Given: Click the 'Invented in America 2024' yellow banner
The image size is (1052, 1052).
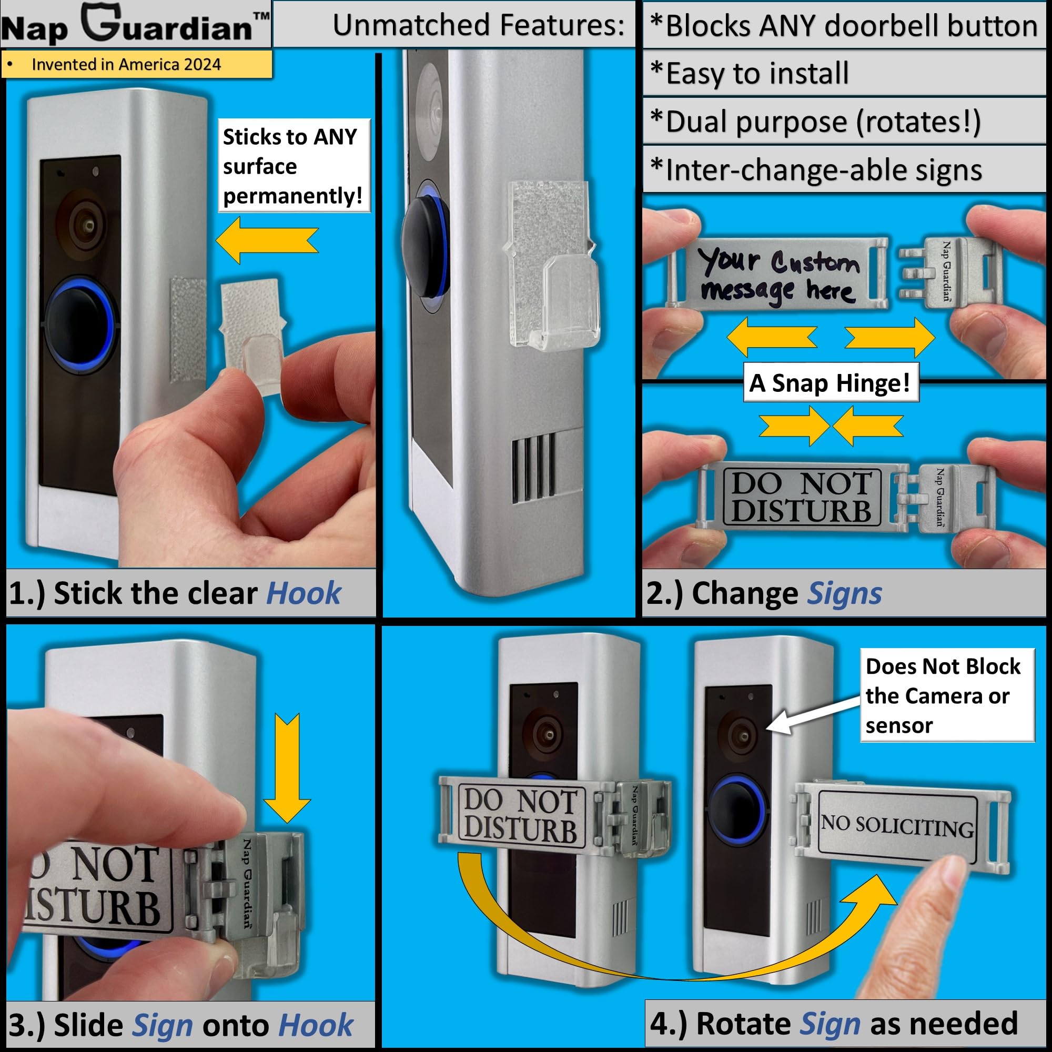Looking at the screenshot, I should pos(136,64).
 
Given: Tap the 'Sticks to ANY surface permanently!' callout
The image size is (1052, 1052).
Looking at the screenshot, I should pos(293,166).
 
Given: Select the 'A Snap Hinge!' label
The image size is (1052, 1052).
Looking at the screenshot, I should pos(831,383).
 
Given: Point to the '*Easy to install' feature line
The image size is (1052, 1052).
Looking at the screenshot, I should pos(757,74).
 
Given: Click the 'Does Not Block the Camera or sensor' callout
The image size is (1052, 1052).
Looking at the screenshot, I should pos(946,695).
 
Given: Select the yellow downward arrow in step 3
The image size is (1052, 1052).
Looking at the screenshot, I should pos(287,768).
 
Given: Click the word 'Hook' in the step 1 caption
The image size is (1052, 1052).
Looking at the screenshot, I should pos(304,593).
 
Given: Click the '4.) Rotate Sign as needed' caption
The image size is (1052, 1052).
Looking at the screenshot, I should pos(833,1023).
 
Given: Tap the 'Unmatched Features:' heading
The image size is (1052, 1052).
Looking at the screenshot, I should pos(478,25).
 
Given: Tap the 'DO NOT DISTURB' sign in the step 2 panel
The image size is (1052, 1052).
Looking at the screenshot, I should pos(801,497).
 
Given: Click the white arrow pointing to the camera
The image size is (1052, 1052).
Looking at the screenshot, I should pos(806,716).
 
